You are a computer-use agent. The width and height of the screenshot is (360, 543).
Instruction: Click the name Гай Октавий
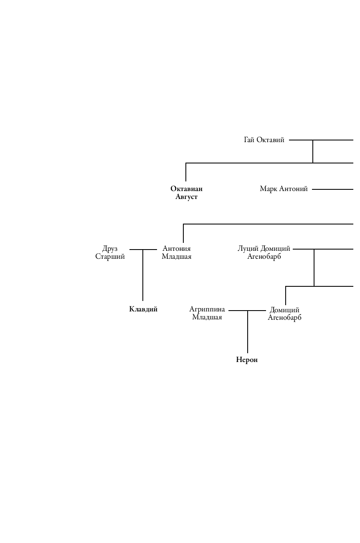click(x=264, y=140)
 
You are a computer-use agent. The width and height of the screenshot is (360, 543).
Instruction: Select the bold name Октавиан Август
click(x=186, y=193)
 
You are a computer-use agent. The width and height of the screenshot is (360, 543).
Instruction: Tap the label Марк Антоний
click(x=284, y=189)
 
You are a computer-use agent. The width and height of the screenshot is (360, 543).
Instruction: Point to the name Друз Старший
click(x=110, y=252)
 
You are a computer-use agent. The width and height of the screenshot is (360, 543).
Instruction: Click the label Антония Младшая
click(x=176, y=252)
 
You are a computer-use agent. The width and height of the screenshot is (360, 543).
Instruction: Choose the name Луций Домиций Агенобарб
click(x=264, y=252)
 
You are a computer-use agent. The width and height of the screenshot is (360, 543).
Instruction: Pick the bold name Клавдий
click(x=143, y=309)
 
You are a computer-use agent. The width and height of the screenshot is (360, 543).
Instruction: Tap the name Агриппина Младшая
click(x=207, y=313)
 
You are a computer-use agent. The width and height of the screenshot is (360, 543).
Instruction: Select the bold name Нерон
click(x=247, y=360)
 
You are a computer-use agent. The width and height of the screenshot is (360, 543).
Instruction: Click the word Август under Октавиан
click(x=186, y=197)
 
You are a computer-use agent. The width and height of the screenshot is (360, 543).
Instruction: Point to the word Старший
click(x=110, y=257)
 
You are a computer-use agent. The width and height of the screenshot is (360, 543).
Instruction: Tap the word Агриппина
click(x=207, y=309)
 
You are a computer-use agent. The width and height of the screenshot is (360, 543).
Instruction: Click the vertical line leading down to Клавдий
click(x=143, y=280)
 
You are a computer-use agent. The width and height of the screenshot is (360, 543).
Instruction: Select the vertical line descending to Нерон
click(x=248, y=334)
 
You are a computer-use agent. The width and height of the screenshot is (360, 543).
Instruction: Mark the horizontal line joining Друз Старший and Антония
click(x=136, y=250)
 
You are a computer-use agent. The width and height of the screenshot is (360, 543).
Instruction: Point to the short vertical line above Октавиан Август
click(x=186, y=172)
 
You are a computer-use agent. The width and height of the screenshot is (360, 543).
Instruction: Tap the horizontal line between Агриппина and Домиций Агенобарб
click(x=238, y=311)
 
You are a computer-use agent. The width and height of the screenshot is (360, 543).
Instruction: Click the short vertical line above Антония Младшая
click(x=183, y=233)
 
